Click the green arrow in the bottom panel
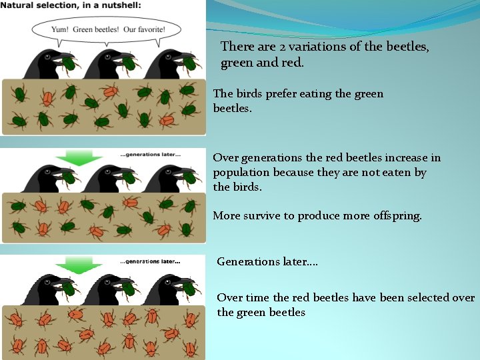tap(78, 265)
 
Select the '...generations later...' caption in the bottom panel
tap(150, 261)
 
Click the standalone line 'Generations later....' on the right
tap(267, 261)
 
